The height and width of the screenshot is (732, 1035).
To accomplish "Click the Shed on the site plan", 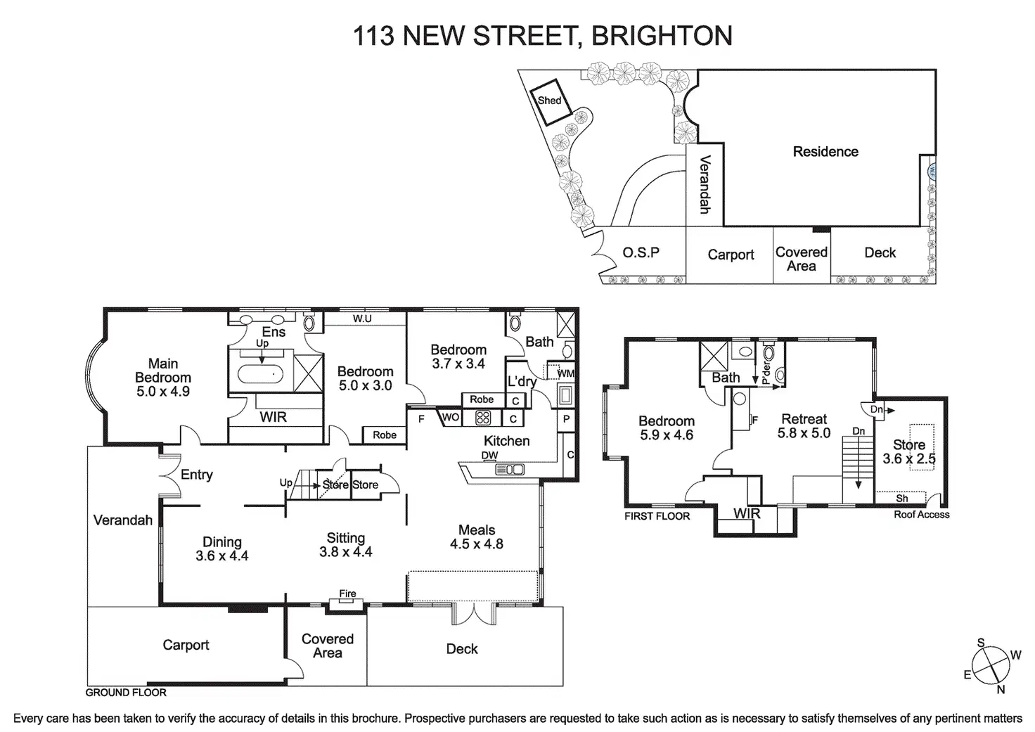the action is point(551,102).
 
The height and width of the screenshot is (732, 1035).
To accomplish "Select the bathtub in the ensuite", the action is point(260,374).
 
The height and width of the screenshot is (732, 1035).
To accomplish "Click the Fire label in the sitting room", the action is point(347,593).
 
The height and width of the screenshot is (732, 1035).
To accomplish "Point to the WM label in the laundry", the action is point(565,373).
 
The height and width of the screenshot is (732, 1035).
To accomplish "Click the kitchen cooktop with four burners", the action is point(483,418).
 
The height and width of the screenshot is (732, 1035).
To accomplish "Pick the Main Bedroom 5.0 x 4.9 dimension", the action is point(163,392).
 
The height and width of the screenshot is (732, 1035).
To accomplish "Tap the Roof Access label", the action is point(921,515).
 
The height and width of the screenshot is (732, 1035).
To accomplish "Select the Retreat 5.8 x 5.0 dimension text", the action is point(804,433).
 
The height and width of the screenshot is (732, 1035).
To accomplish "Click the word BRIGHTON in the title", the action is point(662,36).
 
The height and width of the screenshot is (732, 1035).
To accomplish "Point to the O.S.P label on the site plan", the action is point(641,252).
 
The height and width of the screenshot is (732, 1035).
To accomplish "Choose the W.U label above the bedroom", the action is point(362,319).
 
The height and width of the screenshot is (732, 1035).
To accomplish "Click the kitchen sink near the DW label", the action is point(510,470).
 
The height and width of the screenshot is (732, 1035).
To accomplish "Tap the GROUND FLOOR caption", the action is point(126,692).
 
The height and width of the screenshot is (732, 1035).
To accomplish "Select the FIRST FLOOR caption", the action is point(657,516).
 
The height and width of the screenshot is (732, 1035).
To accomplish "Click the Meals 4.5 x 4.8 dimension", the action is point(477,544).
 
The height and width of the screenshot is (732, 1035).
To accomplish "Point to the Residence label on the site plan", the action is point(825,152).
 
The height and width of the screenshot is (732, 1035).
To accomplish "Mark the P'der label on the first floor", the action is point(766,373).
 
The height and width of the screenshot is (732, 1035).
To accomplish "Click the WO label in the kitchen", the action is point(451,417).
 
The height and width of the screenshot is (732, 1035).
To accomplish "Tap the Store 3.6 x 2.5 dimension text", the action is point(909,459).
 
